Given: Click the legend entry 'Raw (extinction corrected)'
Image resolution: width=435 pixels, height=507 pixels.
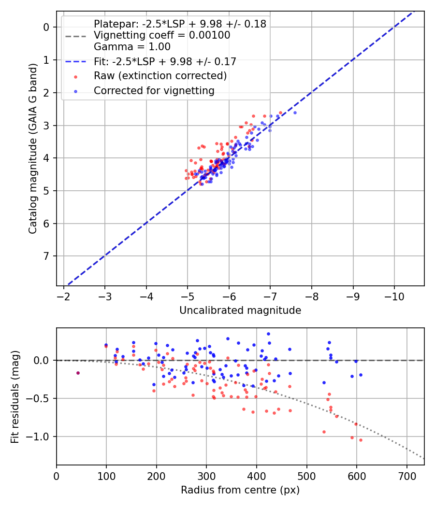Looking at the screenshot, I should click(x=160, y=76).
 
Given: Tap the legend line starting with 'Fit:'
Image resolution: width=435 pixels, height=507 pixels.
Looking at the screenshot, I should click(x=165, y=61).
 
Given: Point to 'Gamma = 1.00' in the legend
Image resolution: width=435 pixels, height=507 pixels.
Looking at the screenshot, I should click(x=132, y=47).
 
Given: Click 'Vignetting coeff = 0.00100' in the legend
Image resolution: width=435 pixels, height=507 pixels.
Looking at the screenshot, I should click(x=162, y=35).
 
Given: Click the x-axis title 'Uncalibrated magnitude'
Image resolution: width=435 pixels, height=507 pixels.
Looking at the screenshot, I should click(x=240, y=310).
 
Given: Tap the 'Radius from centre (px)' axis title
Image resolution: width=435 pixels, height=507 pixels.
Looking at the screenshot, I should click(x=240, y=490).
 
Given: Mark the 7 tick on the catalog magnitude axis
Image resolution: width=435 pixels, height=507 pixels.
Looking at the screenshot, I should click(x=46, y=256).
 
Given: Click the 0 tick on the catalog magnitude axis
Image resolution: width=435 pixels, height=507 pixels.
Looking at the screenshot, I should click(x=46, y=27).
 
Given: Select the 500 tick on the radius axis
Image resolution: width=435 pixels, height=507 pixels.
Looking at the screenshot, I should click(x=306, y=475).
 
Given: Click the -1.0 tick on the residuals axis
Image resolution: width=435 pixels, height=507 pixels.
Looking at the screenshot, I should click(x=41, y=437).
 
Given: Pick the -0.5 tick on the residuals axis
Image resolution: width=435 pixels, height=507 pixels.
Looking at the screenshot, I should click(x=41, y=398).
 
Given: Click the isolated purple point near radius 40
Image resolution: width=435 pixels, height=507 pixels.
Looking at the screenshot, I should click(x=78, y=373).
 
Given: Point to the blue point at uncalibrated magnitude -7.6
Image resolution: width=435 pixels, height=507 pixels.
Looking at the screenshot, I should click(x=295, y=113).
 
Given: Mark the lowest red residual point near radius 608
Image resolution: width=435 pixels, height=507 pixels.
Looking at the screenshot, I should click(x=361, y=440).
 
